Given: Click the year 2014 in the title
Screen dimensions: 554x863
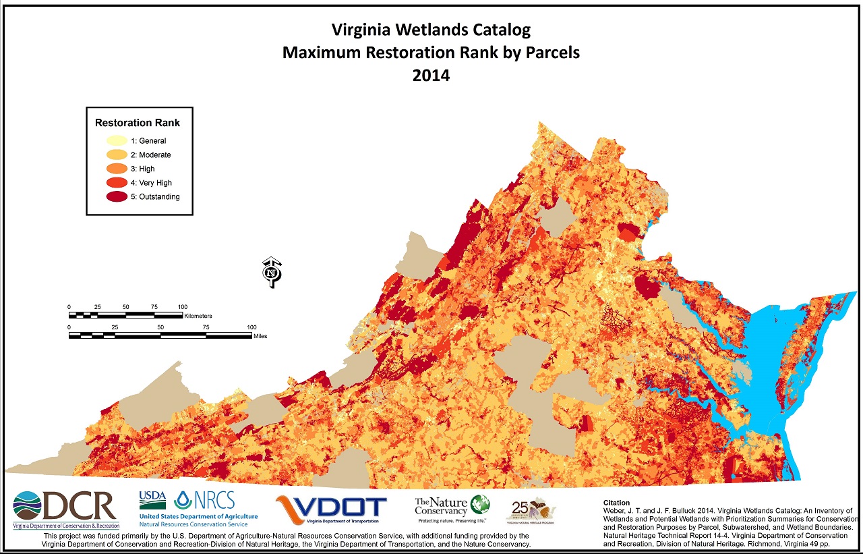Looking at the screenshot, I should (431, 76).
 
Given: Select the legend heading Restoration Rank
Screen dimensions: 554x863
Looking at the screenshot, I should (138, 123).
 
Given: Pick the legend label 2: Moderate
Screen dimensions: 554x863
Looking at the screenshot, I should (150, 155).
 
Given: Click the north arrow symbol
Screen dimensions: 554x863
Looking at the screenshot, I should (272, 272).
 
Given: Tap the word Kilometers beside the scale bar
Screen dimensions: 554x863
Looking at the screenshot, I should (198, 316).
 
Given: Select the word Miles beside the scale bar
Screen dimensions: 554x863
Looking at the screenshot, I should (260, 336).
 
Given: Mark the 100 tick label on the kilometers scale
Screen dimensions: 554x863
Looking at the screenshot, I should (182, 307).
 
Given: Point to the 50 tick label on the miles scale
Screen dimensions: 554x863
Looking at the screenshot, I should (160, 327).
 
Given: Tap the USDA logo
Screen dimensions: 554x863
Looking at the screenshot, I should (152, 499).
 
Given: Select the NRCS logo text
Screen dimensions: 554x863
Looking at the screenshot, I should (214, 500).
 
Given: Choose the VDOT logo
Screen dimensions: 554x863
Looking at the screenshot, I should (331, 508).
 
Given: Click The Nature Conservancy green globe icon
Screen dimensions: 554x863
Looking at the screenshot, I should (480, 504).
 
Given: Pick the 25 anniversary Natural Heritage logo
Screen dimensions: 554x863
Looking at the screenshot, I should (531, 510).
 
